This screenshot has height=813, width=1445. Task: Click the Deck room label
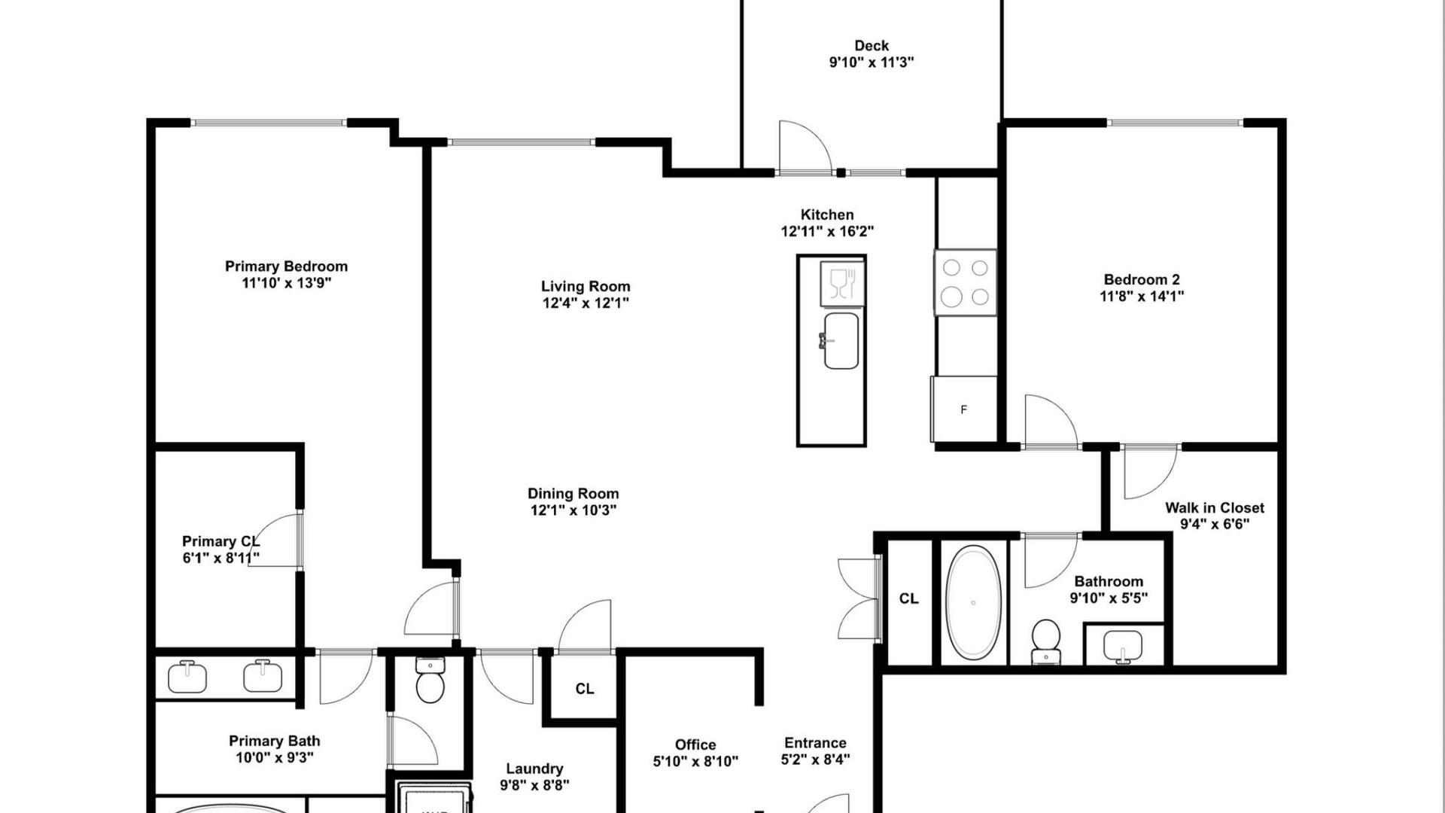click(x=872, y=46)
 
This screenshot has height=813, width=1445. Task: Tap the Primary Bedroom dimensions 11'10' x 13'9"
click(x=287, y=283)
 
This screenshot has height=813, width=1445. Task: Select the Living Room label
click(x=586, y=286)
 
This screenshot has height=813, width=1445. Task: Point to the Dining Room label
click(x=573, y=494)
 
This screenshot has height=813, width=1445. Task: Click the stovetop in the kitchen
click(x=966, y=282)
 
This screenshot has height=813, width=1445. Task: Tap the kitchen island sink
click(x=841, y=341)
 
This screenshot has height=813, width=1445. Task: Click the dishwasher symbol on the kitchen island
click(x=842, y=284)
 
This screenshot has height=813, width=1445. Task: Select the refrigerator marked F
click(x=964, y=409)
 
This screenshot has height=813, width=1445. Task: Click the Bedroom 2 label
click(x=1142, y=280)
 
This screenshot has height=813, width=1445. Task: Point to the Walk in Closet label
click(x=1215, y=508)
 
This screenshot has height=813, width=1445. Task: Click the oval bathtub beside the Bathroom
click(x=973, y=602)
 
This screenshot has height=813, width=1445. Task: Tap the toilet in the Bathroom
click(x=1045, y=641)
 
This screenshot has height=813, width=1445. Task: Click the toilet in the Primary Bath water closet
click(x=430, y=680)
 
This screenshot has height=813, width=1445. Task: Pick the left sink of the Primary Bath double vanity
click(x=187, y=676)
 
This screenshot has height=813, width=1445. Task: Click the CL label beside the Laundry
click(x=585, y=689)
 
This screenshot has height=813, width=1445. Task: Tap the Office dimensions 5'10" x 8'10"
click(x=695, y=762)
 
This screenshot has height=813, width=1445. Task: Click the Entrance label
click(x=815, y=743)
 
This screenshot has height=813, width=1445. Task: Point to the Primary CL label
click(x=221, y=541)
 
